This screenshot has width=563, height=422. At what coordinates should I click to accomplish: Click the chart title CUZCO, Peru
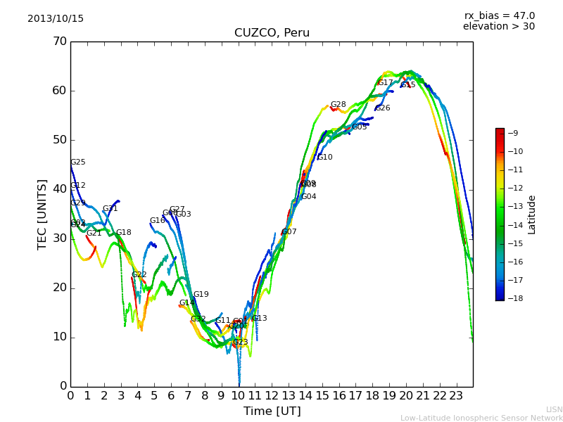click(272, 33)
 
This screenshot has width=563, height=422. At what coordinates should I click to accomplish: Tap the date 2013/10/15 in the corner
click(56, 19)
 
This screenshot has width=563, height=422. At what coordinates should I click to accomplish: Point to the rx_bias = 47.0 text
click(499, 16)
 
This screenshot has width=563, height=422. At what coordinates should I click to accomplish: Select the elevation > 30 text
click(498, 27)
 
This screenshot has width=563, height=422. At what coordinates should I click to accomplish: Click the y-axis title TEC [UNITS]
click(42, 214)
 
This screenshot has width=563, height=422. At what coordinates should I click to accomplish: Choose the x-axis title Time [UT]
click(272, 411)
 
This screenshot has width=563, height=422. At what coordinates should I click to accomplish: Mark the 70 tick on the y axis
click(59, 41)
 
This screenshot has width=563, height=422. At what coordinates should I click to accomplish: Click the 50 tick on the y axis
click(59, 140)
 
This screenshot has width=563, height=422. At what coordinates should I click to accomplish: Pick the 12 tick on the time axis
click(272, 395)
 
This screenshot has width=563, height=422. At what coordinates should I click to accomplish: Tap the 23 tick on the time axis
click(456, 395)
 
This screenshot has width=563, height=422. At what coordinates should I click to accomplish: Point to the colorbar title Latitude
click(532, 215)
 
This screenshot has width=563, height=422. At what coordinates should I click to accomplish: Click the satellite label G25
click(78, 162)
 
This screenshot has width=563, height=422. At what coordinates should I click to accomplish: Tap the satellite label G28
click(339, 105)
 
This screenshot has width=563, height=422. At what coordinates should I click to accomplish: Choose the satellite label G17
click(386, 83)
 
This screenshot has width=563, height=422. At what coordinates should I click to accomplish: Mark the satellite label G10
click(325, 158)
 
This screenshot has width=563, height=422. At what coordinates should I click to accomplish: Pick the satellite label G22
click(139, 275)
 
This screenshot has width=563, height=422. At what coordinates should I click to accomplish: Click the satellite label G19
click(201, 295)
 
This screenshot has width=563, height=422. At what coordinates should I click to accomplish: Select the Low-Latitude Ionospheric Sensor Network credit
click(481, 418)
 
